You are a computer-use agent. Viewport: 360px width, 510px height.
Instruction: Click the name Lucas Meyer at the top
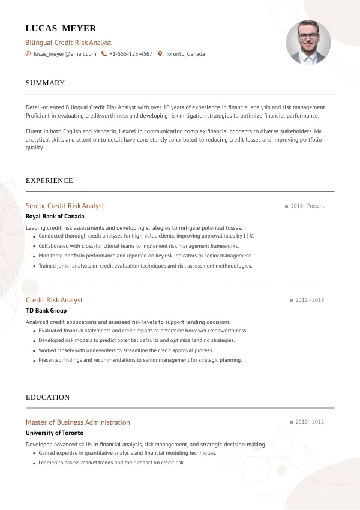click(61, 28)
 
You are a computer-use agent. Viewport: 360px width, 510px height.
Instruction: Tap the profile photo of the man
click(308, 43)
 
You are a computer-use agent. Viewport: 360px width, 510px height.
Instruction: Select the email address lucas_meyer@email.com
click(65, 54)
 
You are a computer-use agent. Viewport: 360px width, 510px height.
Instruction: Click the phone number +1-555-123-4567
click(131, 54)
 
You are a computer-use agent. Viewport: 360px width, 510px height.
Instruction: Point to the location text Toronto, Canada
click(185, 54)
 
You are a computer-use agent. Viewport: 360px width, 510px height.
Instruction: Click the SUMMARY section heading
click(45, 83)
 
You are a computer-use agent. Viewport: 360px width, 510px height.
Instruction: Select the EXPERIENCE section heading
click(49, 181)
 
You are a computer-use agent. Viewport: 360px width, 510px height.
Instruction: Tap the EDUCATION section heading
click(47, 397)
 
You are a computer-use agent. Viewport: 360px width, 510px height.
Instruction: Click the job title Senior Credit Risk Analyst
click(65, 206)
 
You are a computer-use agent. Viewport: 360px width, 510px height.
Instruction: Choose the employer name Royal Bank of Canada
click(55, 217)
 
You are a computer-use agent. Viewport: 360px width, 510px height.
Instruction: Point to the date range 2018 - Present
click(307, 206)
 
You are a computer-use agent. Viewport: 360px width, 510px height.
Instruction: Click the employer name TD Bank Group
click(46, 311)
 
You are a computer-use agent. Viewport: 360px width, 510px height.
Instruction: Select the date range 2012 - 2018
click(310, 300)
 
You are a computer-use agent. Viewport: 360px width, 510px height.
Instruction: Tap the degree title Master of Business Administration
click(77, 422)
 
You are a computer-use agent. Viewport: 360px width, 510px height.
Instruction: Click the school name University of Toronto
click(55, 433)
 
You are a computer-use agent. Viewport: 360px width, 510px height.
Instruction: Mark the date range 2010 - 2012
click(310, 422)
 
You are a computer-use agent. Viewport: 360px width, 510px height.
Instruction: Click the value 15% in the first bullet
click(249, 236)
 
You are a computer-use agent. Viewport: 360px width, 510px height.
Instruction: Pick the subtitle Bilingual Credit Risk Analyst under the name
click(68, 43)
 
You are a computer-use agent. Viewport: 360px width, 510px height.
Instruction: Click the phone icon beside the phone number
click(104, 54)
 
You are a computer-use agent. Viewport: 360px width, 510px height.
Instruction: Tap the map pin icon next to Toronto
click(160, 54)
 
